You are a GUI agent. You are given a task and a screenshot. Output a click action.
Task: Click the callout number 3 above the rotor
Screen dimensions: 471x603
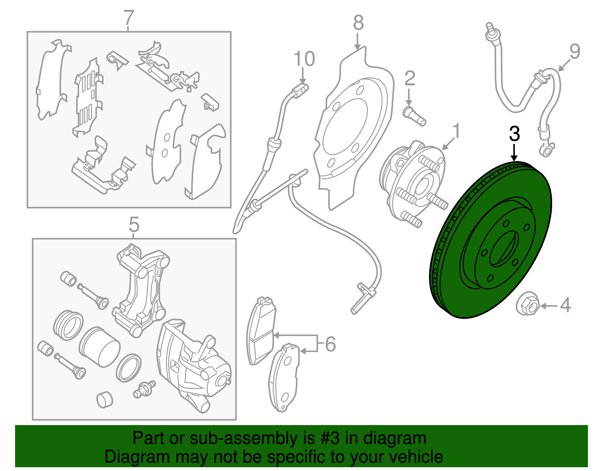[x=514, y=134]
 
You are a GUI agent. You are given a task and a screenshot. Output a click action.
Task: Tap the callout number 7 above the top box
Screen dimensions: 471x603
[x=129, y=17]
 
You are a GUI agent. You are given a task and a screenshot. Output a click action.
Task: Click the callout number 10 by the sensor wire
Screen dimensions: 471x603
[x=304, y=59]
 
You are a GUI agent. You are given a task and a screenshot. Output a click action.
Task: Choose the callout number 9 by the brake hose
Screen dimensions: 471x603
[x=574, y=52]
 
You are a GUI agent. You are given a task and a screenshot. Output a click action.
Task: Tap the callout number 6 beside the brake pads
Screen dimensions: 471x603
[x=330, y=344]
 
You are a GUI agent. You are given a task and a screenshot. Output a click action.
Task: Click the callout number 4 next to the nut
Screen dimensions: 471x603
[x=565, y=305]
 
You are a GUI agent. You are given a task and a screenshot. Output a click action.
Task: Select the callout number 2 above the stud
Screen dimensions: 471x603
[x=410, y=78]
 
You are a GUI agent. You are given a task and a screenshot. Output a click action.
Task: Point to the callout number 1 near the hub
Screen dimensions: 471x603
[x=456, y=131]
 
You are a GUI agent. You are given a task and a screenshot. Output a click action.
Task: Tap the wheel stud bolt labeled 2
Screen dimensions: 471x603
[x=414, y=116]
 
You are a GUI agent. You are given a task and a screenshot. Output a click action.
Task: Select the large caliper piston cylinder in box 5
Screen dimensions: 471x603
[x=99, y=347]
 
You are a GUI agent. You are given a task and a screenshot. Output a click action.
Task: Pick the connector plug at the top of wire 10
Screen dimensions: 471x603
[x=300, y=91]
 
